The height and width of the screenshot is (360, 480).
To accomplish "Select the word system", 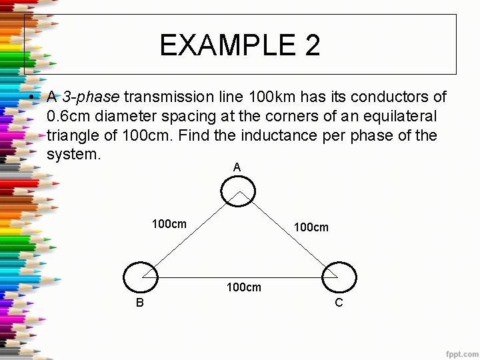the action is click(73, 155).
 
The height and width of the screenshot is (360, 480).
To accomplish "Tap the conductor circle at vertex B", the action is click(141, 277).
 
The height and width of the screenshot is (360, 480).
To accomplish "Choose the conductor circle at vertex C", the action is click(339, 277).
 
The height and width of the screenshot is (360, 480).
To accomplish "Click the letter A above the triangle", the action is click(237, 167).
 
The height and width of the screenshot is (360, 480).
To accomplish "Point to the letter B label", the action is click(139, 303).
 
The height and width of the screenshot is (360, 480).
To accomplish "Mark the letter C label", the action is click(339, 303).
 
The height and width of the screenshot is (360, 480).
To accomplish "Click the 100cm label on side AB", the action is click(169, 224).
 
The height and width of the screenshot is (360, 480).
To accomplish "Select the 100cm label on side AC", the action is click(311, 227).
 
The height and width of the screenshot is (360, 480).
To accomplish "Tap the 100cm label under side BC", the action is click(244, 287).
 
